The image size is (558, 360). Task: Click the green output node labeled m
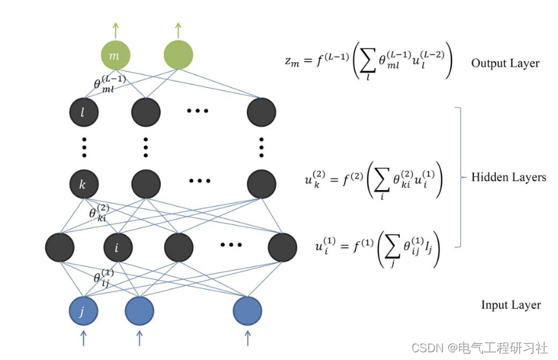click(115, 56)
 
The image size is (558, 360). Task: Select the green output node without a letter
click(178, 56)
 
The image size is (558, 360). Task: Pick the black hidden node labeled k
click(83, 185)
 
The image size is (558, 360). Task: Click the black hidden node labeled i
click(118, 247)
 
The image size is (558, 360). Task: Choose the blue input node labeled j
click(83, 310)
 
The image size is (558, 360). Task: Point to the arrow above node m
click(115, 29)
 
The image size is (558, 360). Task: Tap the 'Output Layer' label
click(505, 63)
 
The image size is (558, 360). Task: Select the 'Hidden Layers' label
click(509, 177)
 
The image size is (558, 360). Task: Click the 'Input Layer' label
click(511, 305)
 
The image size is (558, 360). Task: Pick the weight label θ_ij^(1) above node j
click(103, 278)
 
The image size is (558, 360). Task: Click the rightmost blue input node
click(247, 310)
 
